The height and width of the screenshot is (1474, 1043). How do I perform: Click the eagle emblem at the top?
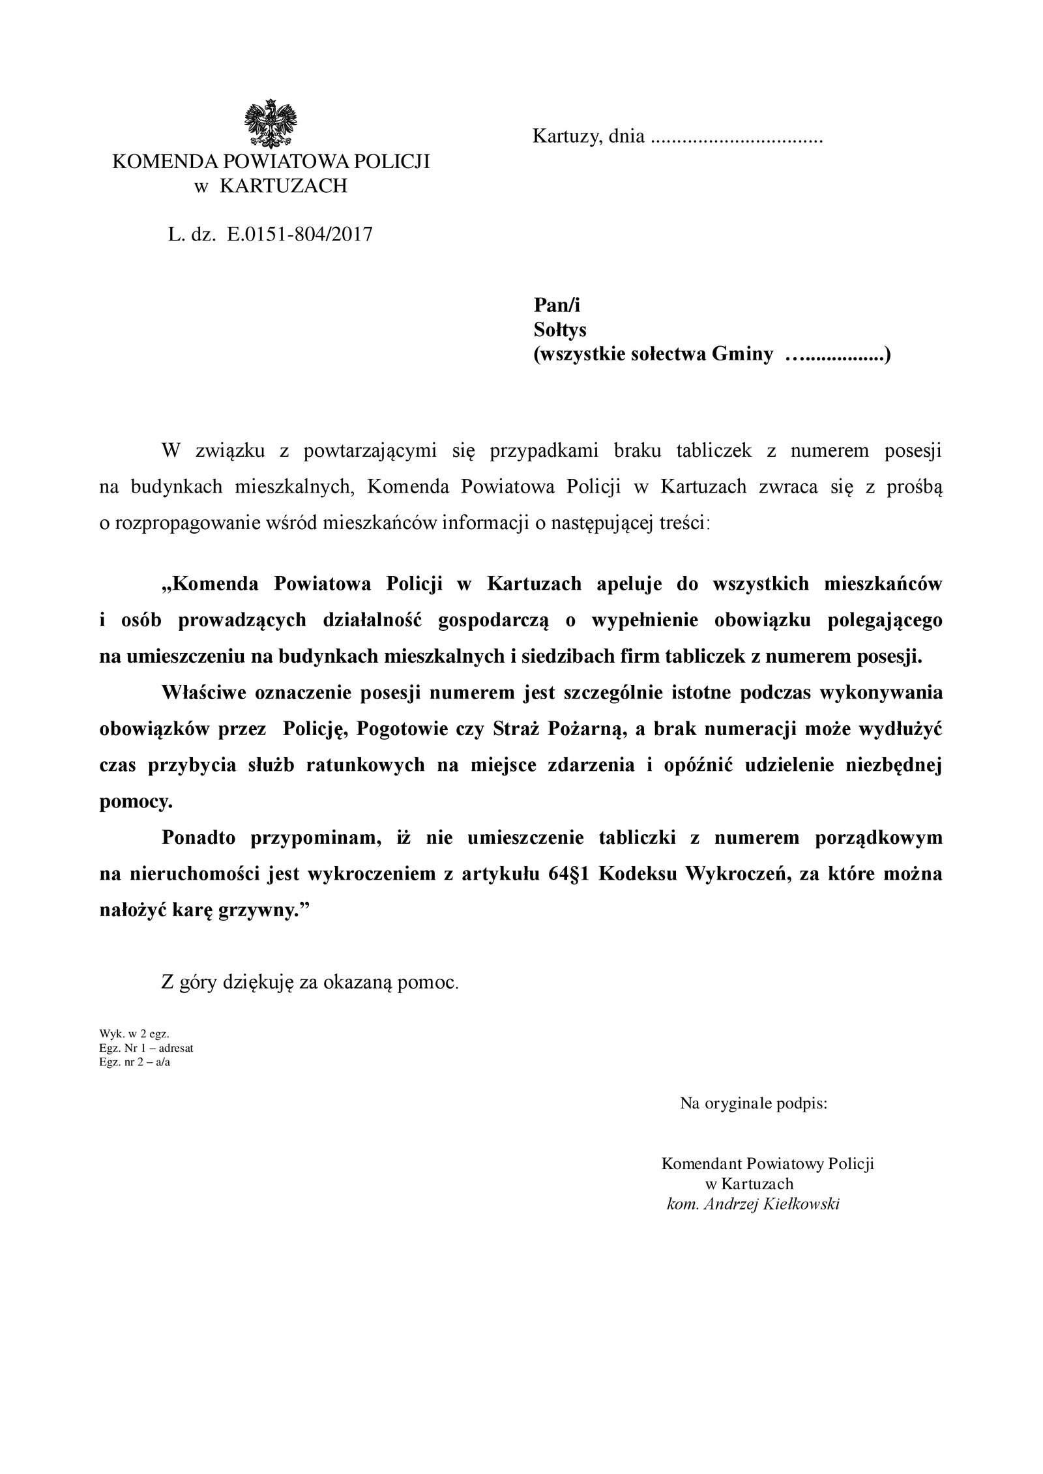pyautogui.click(x=271, y=123)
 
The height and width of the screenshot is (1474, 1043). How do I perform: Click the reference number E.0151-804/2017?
pyautogui.click(x=299, y=235)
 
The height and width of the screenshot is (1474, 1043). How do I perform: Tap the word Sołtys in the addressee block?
pyautogui.click(x=560, y=330)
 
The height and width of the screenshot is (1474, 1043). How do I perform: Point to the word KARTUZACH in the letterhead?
pyautogui.click(x=284, y=186)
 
